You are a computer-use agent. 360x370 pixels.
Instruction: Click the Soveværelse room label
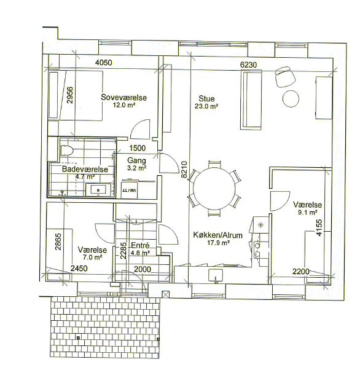[123, 98]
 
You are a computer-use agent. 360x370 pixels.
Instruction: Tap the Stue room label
[206, 98]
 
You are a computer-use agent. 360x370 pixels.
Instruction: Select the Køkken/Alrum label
[217, 235]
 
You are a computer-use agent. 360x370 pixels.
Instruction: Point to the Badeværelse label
[85, 169]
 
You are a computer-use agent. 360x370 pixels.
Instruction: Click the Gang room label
[136, 160]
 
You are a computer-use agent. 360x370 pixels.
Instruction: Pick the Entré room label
[140, 245]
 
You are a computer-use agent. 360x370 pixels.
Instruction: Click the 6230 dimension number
[248, 65]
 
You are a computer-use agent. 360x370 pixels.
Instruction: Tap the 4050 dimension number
[104, 63]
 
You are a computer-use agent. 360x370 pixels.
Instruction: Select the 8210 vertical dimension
[184, 170]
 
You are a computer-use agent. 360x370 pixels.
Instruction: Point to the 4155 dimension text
[319, 227]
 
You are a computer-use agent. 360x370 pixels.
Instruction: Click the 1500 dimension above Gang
[137, 148]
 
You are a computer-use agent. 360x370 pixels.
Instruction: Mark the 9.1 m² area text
[307, 213]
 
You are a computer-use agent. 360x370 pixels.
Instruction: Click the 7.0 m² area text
[92, 258]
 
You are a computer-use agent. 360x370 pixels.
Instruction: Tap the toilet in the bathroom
[67, 150]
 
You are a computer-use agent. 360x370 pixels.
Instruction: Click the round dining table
[214, 188]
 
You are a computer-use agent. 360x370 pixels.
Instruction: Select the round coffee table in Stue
[291, 99]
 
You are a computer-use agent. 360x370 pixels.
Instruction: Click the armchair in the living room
[285, 77]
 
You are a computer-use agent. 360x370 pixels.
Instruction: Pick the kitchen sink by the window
[216, 275]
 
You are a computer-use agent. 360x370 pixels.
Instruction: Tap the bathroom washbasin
[98, 190]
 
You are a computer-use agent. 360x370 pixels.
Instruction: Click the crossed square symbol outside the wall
[166, 294]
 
